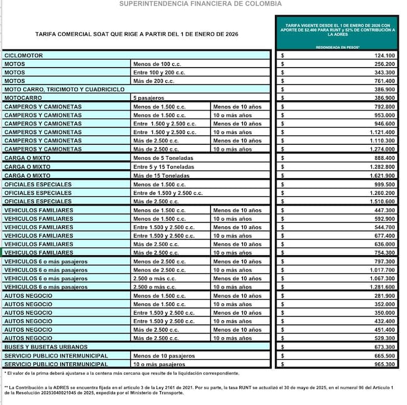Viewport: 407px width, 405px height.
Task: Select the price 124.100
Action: [384, 56]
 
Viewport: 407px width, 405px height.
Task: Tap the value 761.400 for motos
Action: [384, 81]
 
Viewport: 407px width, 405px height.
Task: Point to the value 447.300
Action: [384, 210]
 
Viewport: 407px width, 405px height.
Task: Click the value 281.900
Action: [384, 295]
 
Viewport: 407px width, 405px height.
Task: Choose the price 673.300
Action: [384, 347]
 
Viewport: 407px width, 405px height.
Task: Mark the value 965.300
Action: [384, 364]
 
